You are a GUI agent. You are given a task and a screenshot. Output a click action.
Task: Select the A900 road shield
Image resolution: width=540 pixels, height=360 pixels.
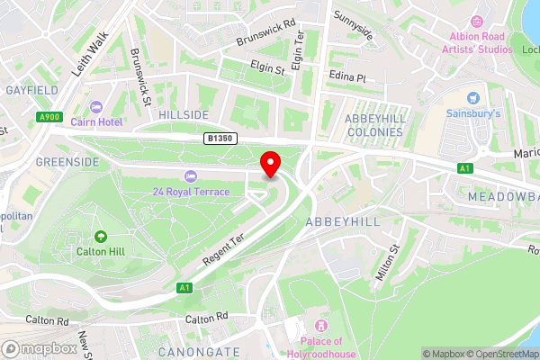(x=49, y=116)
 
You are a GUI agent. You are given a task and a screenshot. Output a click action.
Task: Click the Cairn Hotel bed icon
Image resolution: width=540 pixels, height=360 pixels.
(x=96, y=107)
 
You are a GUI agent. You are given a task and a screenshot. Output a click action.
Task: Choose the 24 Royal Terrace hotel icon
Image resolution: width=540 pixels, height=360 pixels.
(x=190, y=175)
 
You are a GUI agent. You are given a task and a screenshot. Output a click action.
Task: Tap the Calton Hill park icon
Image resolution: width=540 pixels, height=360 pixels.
(x=99, y=237)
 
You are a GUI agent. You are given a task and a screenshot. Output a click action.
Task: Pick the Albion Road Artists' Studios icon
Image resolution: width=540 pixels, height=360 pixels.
(x=477, y=21)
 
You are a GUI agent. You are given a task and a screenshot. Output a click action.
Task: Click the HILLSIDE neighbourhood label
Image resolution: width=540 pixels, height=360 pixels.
(x=184, y=115)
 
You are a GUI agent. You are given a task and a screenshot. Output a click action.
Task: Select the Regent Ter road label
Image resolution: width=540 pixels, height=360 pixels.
(x=223, y=249)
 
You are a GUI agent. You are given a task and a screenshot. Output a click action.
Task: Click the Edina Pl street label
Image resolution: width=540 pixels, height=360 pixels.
(x=347, y=78)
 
